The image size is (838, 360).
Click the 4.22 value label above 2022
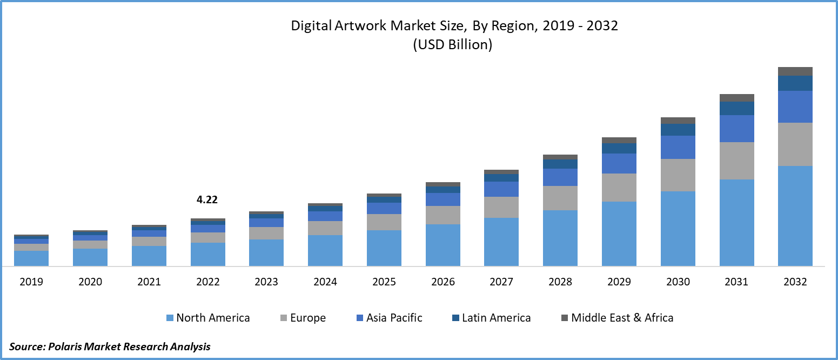(x=207, y=200)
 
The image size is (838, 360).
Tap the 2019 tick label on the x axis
(x=31, y=282)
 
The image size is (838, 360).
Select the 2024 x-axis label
(x=325, y=282)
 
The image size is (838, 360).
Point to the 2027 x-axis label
(x=501, y=282)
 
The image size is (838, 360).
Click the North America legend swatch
(x=170, y=318)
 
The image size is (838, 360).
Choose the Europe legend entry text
(x=308, y=318)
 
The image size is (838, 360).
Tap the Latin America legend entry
(x=496, y=318)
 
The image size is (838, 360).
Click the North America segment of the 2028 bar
(x=560, y=238)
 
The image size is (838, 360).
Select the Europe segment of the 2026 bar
(x=443, y=215)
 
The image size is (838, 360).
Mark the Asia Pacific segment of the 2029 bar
(x=619, y=163)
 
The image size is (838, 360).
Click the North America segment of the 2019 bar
(x=31, y=258)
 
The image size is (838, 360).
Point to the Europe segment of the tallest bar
(x=795, y=144)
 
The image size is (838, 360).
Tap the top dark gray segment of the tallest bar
(x=795, y=71)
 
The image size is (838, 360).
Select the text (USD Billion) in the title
(x=453, y=45)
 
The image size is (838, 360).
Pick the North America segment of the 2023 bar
(x=266, y=252)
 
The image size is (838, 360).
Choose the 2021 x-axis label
(x=149, y=282)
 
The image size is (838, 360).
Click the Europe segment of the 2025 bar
(x=384, y=222)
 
